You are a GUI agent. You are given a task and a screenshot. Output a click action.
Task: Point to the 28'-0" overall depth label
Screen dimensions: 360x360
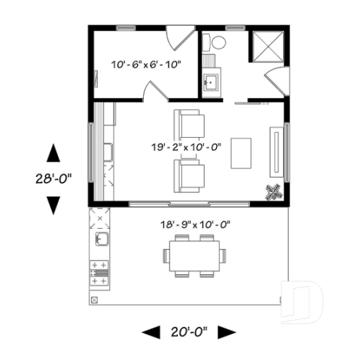tap(53, 178)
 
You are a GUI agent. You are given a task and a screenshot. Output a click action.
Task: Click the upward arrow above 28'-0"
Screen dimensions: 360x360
tap(53, 153)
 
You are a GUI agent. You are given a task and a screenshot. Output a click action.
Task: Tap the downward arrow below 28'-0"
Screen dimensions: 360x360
tap(53, 205)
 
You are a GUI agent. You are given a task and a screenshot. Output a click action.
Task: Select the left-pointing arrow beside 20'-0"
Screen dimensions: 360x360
tap(150, 332)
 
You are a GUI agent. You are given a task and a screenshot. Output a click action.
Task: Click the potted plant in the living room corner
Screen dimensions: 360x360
tap(274, 191)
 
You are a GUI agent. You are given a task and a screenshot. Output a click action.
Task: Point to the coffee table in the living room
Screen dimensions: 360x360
tap(240, 153)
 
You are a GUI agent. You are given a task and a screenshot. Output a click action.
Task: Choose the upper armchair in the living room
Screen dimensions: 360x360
tap(189, 122)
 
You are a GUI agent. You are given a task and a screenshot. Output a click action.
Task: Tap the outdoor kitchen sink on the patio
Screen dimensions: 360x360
tap(99, 240)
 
